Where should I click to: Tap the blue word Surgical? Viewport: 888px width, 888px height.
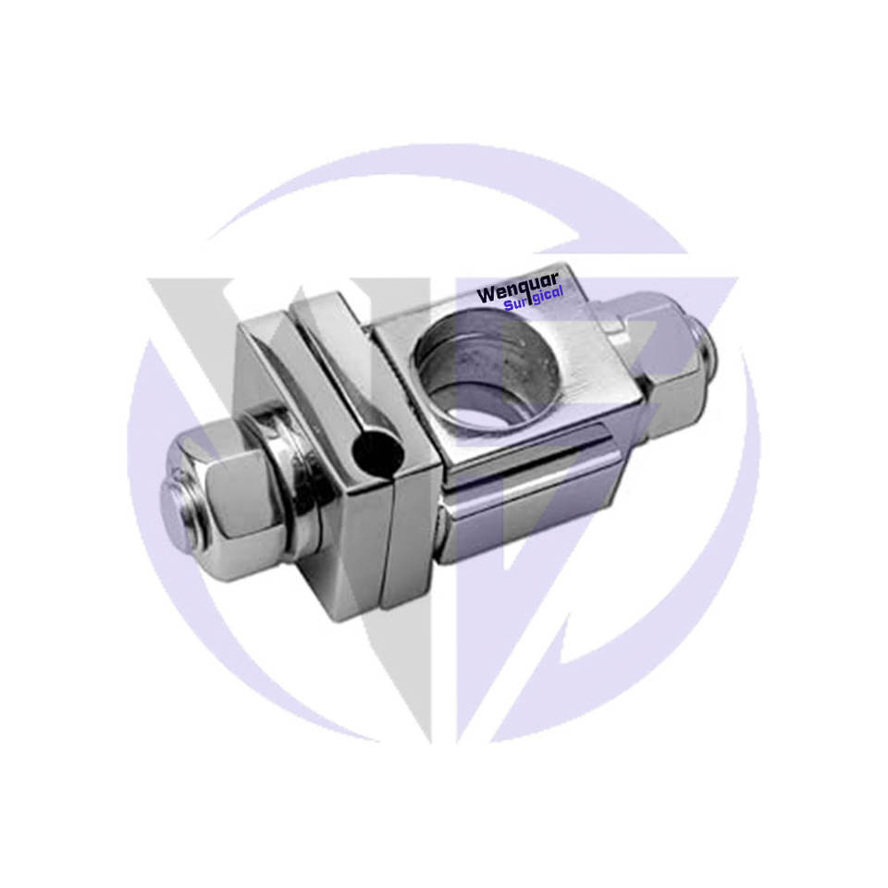tap(534, 299)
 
